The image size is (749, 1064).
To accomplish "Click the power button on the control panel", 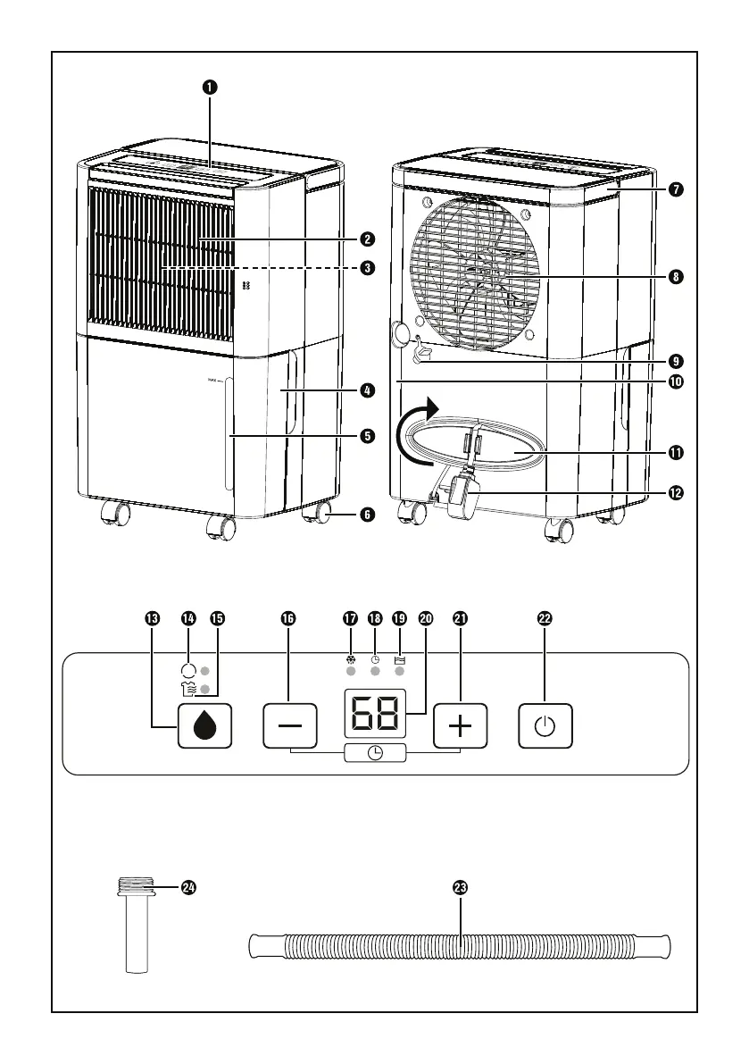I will (545, 726).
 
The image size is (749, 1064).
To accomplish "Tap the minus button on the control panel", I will (290, 726).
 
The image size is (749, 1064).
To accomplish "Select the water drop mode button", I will (205, 726).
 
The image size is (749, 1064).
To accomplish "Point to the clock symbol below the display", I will (376, 753).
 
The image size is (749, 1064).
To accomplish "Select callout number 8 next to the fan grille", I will (676, 277).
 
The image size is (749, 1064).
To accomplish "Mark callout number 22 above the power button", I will (545, 617).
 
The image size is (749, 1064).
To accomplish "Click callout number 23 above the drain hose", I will (461, 887).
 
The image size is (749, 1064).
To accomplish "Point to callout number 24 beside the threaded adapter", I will (188, 887).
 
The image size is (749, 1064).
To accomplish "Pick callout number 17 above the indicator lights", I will (351, 617).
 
